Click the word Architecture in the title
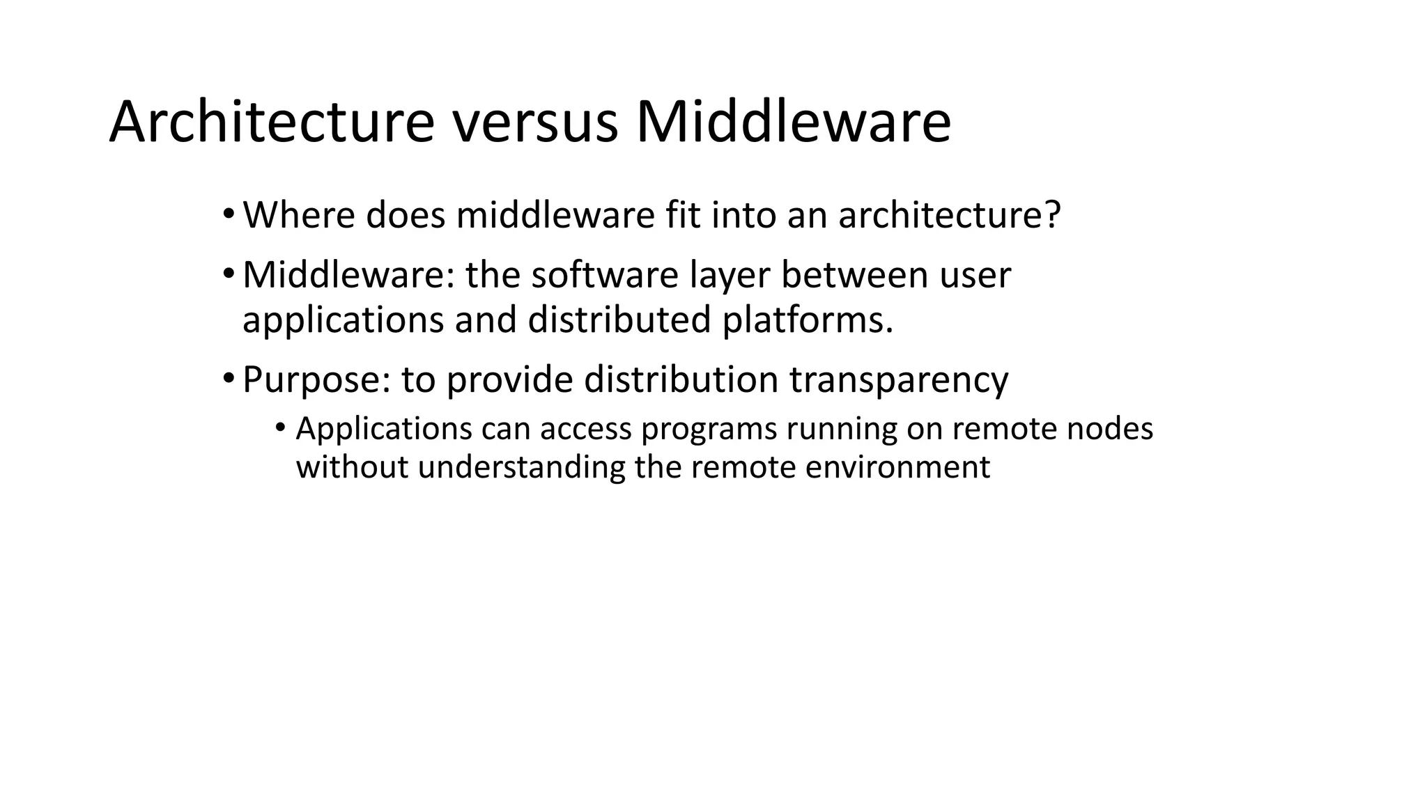(272, 123)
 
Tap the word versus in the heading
(535, 123)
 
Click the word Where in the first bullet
(299, 214)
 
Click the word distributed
(619, 320)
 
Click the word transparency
(899, 380)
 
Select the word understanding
(521, 467)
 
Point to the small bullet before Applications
(280, 427)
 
